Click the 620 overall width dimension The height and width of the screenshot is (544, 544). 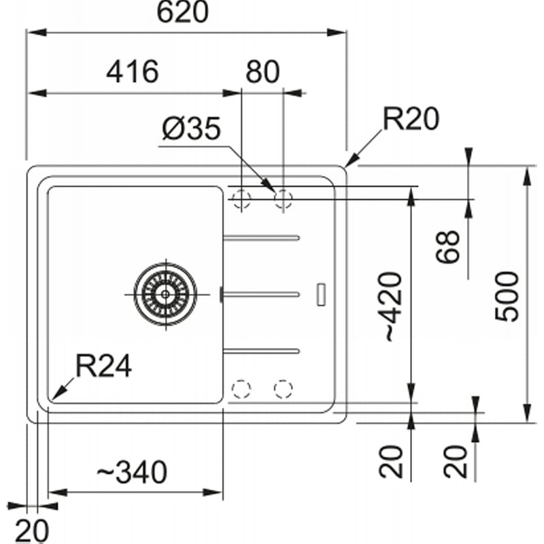pyautogui.click(x=182, y=12)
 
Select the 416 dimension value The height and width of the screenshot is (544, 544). pyautogui.click(x=133, y=72)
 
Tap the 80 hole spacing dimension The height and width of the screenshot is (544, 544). pyautogui.click(x=262, y=72)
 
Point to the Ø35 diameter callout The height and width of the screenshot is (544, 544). pyautogui.click(x=191, y=128)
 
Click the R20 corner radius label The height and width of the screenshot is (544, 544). pyautogui.click(x=411, y=118)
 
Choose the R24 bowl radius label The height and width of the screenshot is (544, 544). pyautogui.click(x=104, y=365)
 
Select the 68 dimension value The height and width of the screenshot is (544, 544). pyautogui.click(x=447, y=246)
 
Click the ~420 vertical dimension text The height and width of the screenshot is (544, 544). pyautogui.click(x=394, y=307)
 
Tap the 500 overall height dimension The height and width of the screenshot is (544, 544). pyautogui.click(x=506, y=296)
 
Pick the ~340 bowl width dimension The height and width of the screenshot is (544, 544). pyautogui.click(x=132, y=472)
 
